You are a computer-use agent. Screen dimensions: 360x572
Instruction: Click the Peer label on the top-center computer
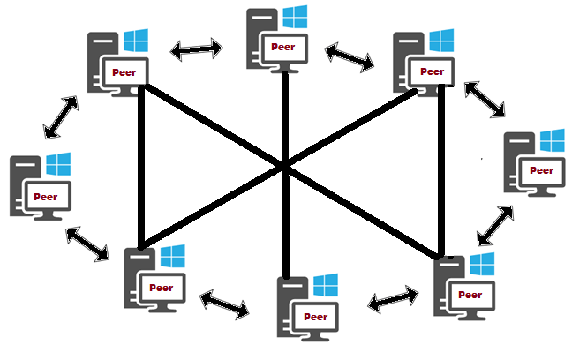tap(283, 46)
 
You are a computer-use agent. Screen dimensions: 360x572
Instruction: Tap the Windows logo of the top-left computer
tap(135, 41)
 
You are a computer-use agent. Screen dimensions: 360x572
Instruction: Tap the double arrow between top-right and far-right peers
tap(485, 99)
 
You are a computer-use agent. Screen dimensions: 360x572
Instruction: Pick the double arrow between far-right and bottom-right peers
tap(494, 224)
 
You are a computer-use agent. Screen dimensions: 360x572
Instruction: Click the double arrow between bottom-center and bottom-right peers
tap(393, 298)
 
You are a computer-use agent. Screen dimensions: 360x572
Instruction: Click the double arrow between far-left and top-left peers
tap(60, 117)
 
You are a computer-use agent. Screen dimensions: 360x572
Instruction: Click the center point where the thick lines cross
tap(283, 166)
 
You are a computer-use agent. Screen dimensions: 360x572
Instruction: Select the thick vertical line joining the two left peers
tap(141, 163)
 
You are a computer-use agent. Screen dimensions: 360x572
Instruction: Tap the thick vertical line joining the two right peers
tap(440, 168)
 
